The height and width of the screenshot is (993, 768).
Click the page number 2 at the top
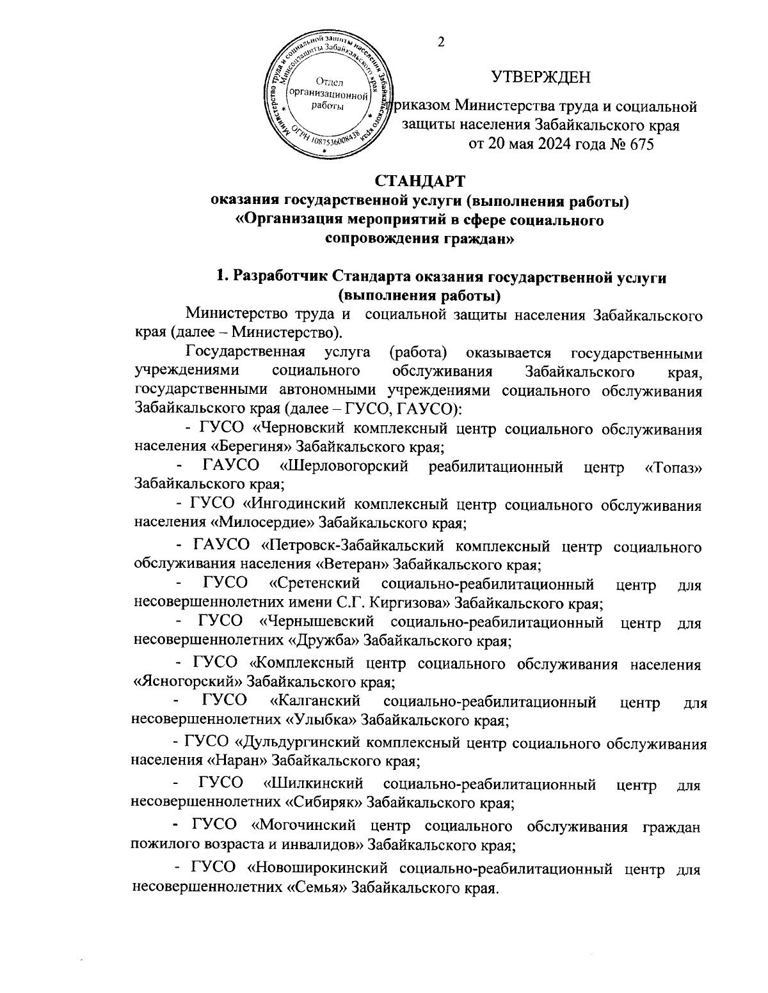click(x=440, y=42)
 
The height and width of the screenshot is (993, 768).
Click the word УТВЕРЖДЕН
click(x=540, y=78)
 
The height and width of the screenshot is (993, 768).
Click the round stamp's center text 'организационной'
click(x=328, y=94)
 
